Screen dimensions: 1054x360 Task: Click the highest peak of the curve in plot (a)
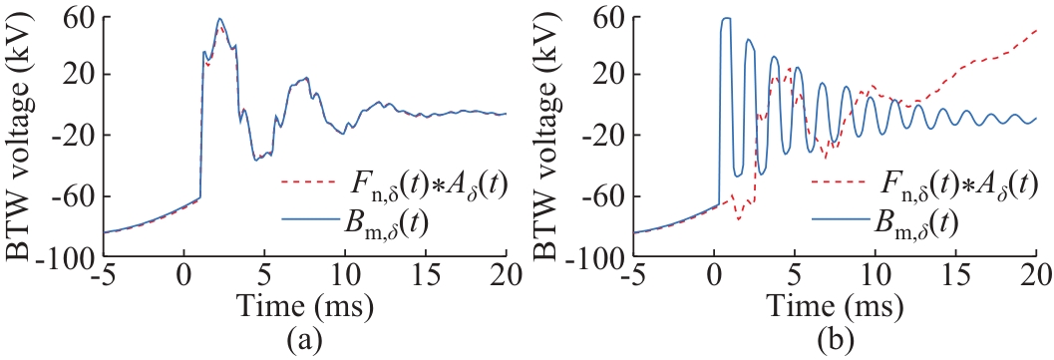219,19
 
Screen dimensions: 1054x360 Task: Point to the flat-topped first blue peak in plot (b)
726,18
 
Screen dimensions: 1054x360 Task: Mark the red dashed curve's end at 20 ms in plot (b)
1036,30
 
